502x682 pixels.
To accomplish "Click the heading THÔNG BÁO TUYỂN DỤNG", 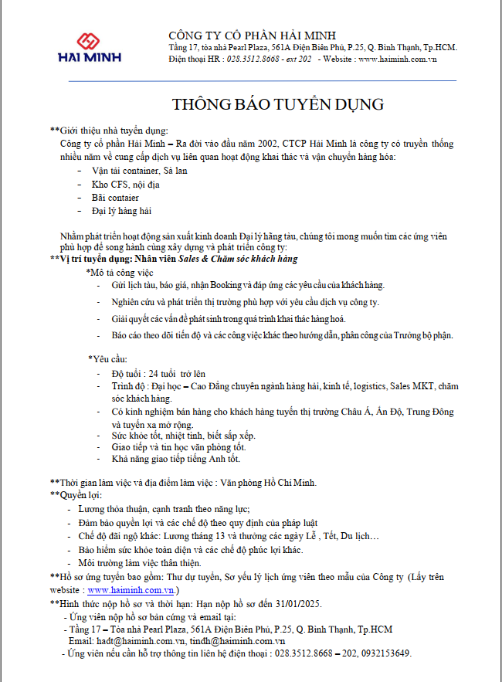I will coord(277,104).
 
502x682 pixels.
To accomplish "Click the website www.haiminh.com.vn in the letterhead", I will coord(398,59).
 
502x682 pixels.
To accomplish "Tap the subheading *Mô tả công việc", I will coord(120,273).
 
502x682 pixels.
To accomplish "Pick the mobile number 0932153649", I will coord(385,653).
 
